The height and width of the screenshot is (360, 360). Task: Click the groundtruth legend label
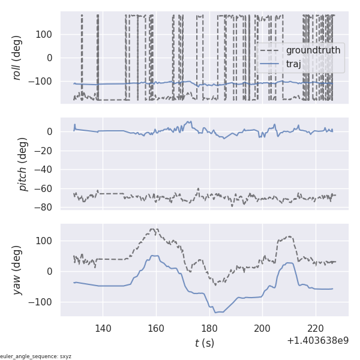[x=313, y=50]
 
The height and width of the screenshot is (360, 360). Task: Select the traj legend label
[x=298, y=64]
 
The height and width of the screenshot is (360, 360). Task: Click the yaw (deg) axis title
[x=17, y=270]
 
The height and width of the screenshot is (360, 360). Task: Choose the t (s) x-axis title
[x=204, y=343]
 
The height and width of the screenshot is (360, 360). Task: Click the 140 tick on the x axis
[x=103, y=328]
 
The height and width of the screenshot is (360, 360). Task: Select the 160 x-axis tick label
[x=156, y=328]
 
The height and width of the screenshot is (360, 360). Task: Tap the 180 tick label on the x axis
[x=209, y=328]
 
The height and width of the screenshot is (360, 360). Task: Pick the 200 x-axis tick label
[x=262, y=328]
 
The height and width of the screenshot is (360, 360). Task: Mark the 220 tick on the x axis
[x=316, y=328]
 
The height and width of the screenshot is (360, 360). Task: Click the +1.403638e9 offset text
[x=317, y=341]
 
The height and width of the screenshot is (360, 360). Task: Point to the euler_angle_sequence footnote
[x=36, y=356]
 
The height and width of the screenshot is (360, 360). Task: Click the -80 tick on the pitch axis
[x=46, y=208]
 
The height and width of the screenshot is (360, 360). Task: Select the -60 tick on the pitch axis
[x=46, y=188]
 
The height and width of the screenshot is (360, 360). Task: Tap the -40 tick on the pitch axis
[x=46, y=170]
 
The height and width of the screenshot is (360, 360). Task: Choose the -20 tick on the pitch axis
[x=46, y=151]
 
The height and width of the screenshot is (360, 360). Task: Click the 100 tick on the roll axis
[x=45, y=34]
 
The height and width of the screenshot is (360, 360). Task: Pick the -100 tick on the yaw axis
[x=43, y=301]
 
